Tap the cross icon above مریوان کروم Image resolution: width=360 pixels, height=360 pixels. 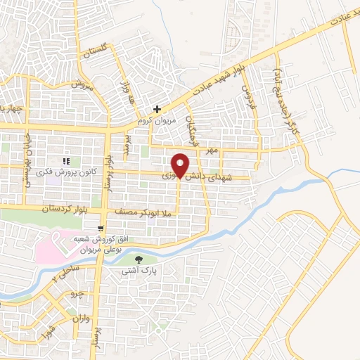coord(157,110)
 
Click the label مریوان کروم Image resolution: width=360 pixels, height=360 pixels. coord(157,120)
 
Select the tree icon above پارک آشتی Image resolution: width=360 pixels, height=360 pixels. coord(148,259)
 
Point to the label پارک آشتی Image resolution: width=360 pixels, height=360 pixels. coord(148,269)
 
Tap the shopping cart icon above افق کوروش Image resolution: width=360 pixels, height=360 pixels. coord(103,228)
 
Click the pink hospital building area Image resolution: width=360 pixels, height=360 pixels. coord(53,246)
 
